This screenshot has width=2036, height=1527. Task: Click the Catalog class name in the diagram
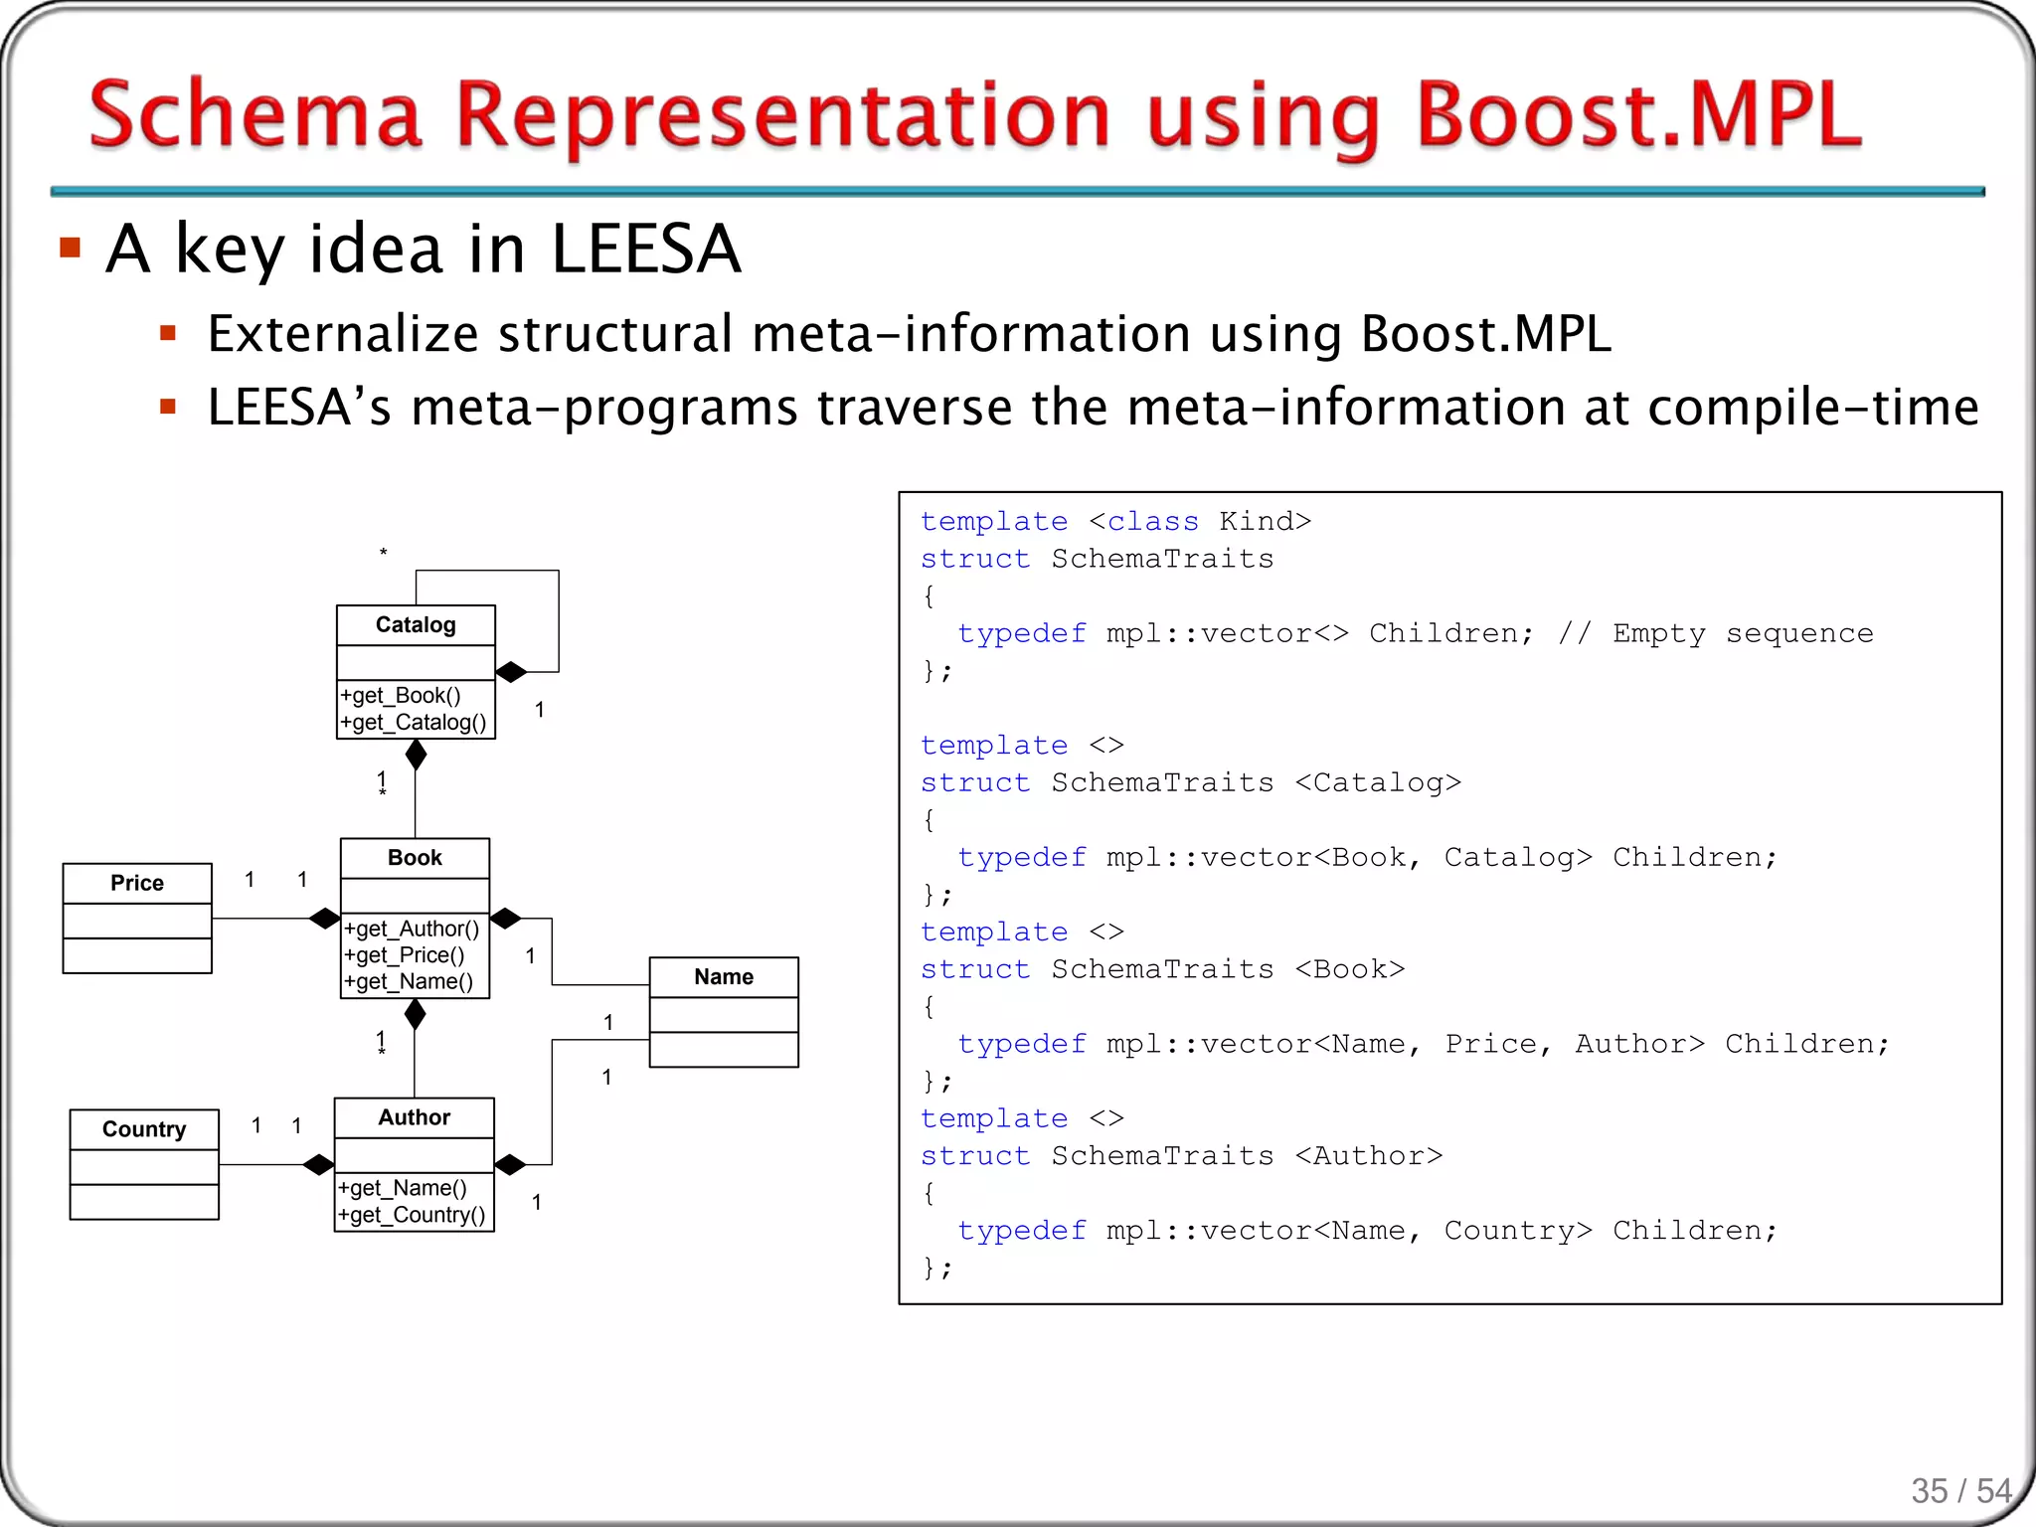coord(416,625)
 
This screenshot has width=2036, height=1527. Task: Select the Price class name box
coord(137,883)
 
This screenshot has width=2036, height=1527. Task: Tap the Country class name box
coord(144,1129)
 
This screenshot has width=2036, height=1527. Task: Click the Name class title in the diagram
coord(724,977)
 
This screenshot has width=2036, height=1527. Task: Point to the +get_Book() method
coord(401,696)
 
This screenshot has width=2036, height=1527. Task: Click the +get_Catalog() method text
coord(414,723)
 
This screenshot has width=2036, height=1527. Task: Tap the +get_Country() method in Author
coord(412,1215)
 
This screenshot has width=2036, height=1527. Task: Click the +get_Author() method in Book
coord(412,929)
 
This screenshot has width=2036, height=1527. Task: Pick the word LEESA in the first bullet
coord(645,249)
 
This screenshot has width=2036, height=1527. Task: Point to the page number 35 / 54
coord(1960,1491)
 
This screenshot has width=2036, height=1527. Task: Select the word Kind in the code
coord(1257,521)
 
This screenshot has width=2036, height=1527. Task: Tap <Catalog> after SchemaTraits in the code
coord(1378,782)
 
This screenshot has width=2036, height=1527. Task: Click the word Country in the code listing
coord(1517,1231)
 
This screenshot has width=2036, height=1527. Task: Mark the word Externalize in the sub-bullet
coord(343,333)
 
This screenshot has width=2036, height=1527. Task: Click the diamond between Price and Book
coord(324,919)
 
